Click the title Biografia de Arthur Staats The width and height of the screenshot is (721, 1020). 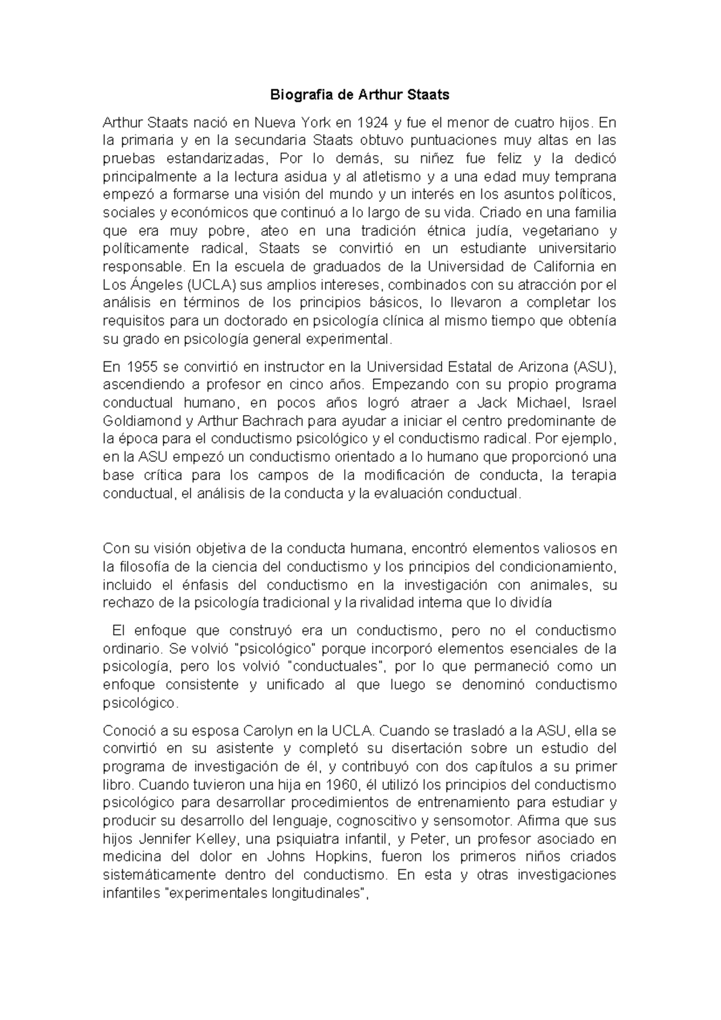point(359,95)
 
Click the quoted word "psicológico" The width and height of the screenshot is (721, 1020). point(278,649)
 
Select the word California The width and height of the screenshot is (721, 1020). point(562,266)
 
